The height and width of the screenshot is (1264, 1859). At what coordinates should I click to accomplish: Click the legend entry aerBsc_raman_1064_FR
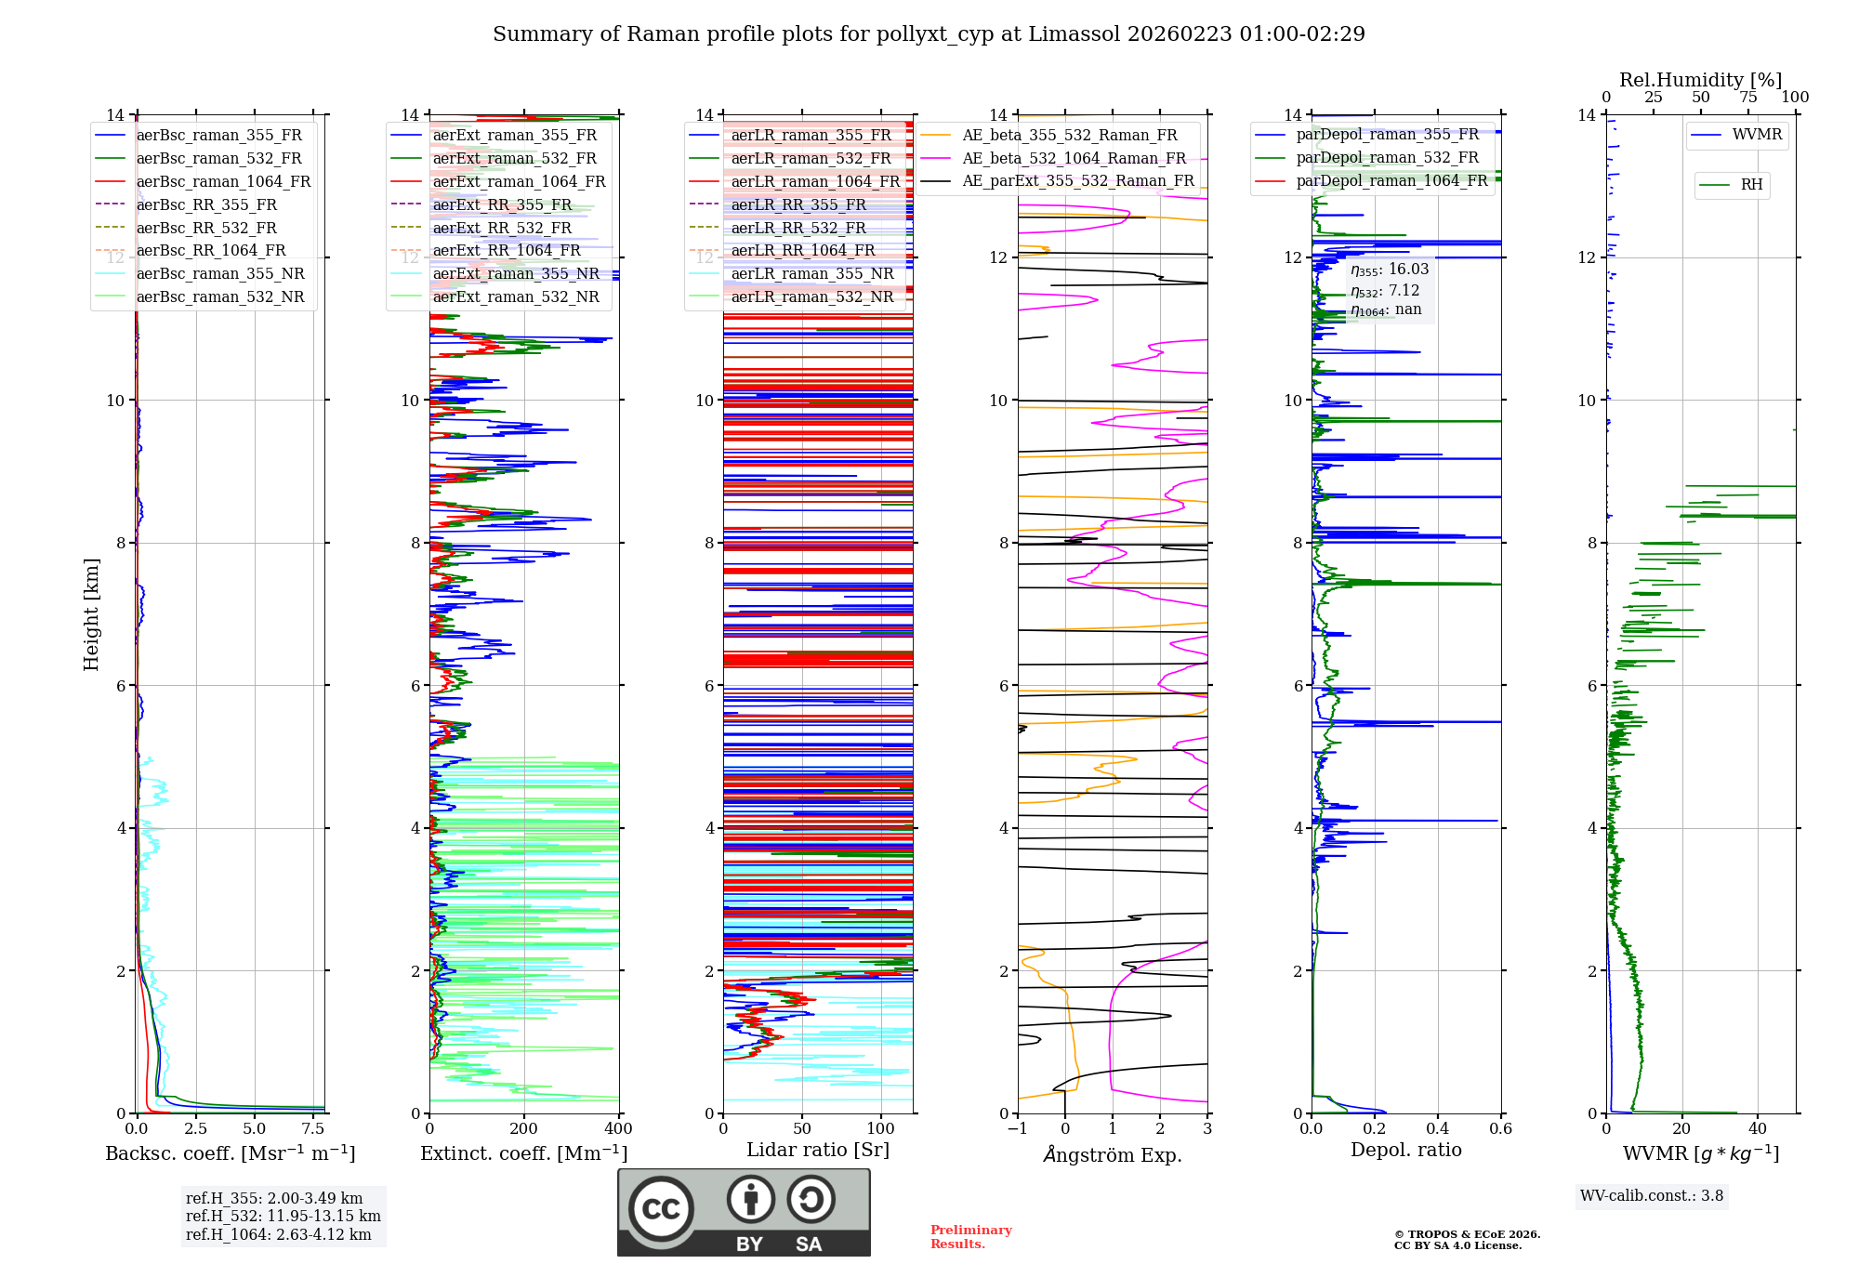223,181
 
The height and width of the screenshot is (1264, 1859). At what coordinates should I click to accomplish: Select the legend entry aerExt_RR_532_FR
502,228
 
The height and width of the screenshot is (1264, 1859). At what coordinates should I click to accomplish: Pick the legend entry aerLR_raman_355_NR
811,273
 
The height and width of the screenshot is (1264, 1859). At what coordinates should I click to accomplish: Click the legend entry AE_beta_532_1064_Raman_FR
1074,158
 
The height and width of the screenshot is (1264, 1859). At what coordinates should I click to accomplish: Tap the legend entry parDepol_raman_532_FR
1387,158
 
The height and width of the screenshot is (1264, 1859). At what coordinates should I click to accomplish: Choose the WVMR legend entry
1756,135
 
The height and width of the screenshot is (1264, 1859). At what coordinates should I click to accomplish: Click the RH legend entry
1751,185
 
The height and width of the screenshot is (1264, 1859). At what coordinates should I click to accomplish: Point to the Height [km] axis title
91,613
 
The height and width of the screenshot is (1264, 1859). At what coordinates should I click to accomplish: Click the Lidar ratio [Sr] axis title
818,1150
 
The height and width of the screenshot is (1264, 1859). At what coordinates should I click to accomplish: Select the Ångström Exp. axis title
1113,1154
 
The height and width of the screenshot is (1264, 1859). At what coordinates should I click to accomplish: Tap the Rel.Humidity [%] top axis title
1700,80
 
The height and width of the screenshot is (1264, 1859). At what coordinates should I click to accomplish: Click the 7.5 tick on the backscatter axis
314,1129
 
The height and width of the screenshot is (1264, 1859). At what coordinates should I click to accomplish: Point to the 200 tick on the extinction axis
524,1129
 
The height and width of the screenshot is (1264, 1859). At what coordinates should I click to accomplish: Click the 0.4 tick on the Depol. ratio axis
1438,1129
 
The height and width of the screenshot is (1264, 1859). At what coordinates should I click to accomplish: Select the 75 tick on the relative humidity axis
1748,98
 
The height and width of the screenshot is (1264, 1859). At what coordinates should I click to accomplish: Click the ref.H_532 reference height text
283,1216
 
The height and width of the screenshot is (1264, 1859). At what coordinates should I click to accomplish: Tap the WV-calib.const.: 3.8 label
1652,1196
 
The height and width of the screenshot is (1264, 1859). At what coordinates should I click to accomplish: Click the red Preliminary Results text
970,1237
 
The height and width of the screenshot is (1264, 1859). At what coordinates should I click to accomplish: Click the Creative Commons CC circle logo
661,1209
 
